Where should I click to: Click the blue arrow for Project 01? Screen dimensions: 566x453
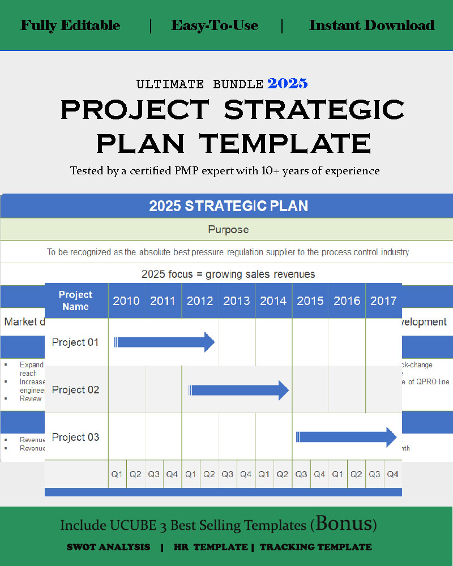(x=164, y=342)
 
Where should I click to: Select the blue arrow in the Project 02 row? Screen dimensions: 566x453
(x=238, y=390)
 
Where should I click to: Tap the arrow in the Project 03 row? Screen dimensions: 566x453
(x=346, y=437)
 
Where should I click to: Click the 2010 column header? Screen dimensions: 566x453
(x=126, y=301)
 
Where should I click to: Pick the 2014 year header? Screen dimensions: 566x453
(x=273, y=301)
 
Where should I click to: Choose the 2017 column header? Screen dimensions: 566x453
(x=383, y=301)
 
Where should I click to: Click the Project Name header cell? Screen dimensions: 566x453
(x=75, y=301)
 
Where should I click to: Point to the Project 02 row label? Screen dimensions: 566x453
(x=75, y=390)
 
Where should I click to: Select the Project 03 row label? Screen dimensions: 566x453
(x=75, y=437)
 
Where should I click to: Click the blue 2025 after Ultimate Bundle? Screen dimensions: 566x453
(x=288, y=84)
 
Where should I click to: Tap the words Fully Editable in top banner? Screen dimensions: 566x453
(x=70, y=25)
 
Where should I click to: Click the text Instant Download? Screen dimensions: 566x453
(x=371, y=25)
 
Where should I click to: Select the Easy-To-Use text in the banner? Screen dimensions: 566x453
(x=215, y=25)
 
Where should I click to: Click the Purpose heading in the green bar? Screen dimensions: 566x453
(x=228, y=230)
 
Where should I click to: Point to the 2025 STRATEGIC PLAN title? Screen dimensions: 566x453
(x=228, y=206)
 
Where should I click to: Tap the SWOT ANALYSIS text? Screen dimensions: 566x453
(x=108, y=547)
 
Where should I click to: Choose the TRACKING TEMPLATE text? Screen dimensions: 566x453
(x=315, y=547)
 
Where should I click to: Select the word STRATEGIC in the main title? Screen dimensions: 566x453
(x=314, y=109)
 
